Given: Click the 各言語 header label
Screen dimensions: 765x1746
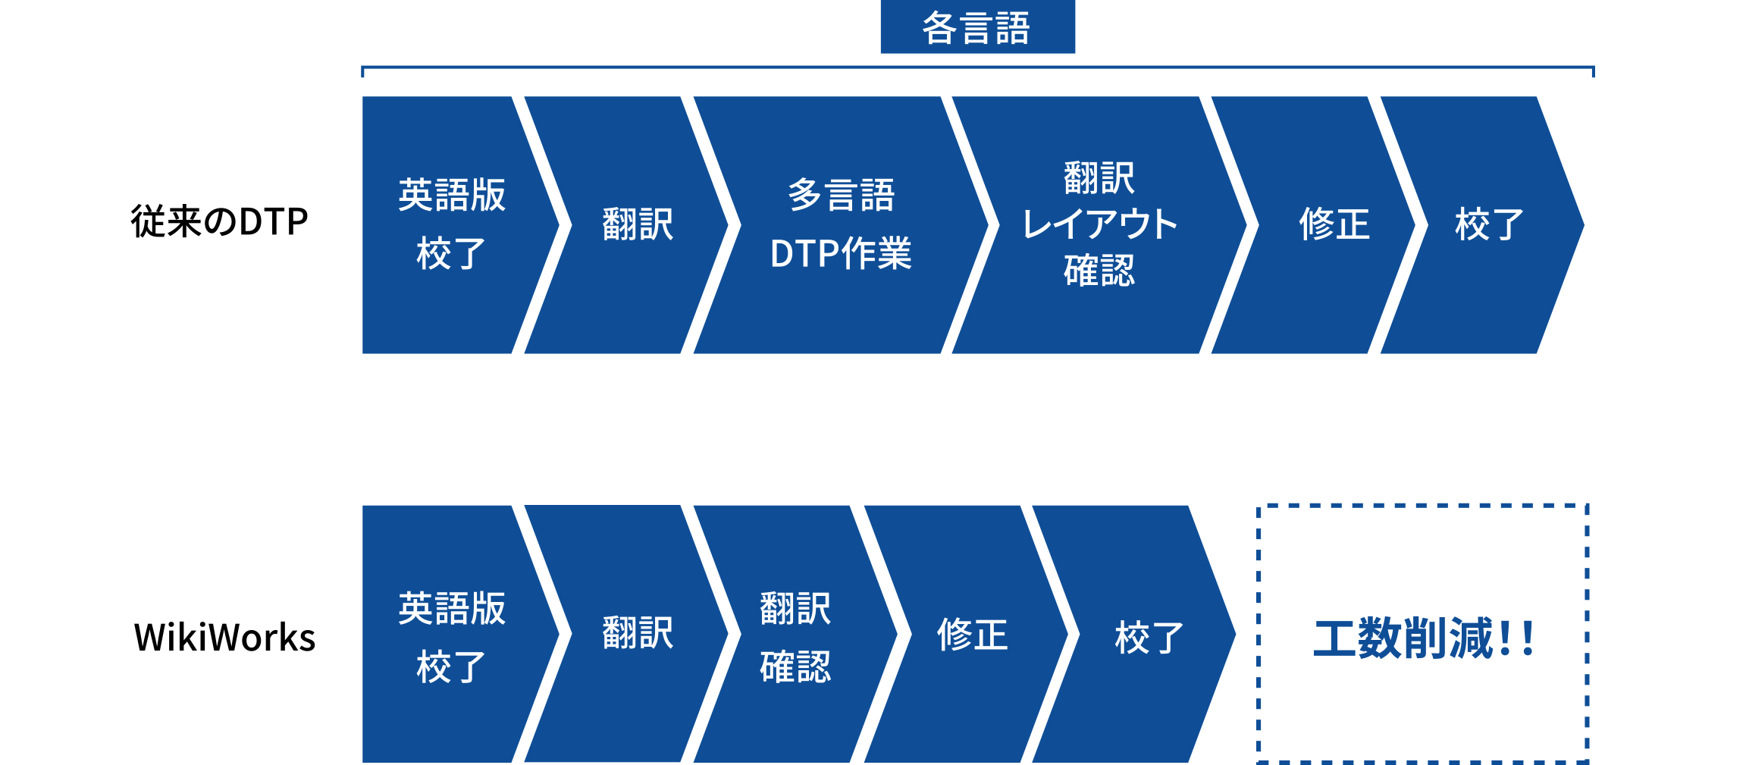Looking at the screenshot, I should click(x=976, y=28).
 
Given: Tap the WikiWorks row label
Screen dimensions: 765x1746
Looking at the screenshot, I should click(x=224, y=637).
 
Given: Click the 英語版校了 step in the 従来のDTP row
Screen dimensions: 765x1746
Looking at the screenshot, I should click(x=452, y=224).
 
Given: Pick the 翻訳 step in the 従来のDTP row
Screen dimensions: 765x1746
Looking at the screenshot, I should click(x=638, y=224).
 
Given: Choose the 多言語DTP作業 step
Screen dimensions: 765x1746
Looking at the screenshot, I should click(x=841, y=224).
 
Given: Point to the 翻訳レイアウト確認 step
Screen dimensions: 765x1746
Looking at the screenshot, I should click(x=1099, y=224).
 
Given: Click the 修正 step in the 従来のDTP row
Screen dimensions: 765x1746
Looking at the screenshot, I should click(x=1334, y=224).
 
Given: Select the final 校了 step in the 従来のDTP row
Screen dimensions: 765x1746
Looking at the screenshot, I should click(x=1489, y=224).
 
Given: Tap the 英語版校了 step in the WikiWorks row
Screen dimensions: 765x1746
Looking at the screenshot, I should click(x=452, y=637).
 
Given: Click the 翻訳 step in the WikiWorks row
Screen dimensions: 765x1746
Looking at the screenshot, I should click(x=638, y=633).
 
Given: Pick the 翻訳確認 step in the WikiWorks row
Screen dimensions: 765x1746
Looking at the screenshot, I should click(x=795, y=637).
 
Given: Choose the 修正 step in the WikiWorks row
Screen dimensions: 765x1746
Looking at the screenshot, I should click(x=972, y=635).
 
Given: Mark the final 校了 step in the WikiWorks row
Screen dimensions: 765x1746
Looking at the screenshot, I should click(x=1149, y=637).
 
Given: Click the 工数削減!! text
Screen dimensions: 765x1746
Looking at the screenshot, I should click(x=1424, y=638).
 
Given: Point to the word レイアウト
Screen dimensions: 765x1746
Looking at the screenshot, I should click(x=1099, y=224).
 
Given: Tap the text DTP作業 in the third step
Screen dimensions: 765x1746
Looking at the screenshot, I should click(x=841, y=254).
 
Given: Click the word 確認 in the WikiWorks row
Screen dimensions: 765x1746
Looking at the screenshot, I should click(x=795, y=667).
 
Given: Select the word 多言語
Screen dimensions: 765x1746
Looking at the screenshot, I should click(x=841, y=196).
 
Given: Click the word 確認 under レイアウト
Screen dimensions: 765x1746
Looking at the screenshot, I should click(x=1099, y=271).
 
